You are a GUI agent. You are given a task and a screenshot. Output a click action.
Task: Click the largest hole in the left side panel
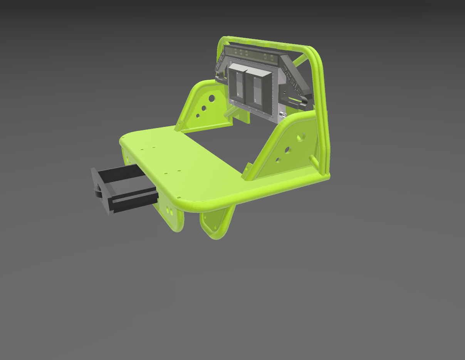pyautogui.click(x=212, y=98)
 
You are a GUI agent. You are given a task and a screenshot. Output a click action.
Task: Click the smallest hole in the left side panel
pyautogui.click(x=198, y=115)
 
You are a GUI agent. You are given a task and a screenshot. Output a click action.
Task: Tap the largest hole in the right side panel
pyautogui.click(x=301, y=137)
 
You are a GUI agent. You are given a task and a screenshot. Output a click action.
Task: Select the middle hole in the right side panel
pyautogui.click(x=287, y=150)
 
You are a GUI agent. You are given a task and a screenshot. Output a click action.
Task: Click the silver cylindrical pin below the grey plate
pyautogui.click(x=282, y=114)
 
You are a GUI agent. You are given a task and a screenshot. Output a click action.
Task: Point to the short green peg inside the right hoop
pyautogui.click(x=312, y=158)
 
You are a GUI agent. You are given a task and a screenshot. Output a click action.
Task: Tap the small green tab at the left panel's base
pyautogui.click(x=179, y=125)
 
